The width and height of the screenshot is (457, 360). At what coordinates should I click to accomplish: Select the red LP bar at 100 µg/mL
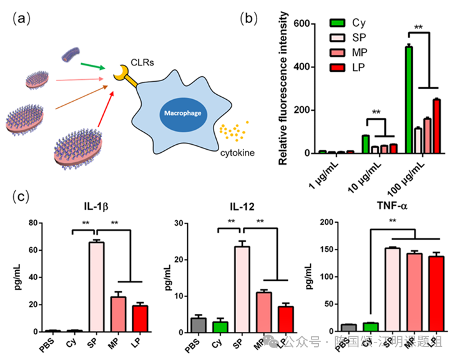coord(437,126)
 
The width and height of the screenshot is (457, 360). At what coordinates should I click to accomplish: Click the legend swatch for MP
coord(338,51)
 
